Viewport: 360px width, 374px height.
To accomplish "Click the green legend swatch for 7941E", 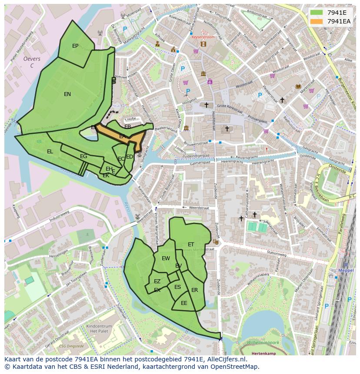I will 317,13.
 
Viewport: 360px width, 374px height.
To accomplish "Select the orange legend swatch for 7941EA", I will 317,21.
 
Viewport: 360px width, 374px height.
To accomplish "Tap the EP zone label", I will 75,46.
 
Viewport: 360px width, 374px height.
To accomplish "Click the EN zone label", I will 67,94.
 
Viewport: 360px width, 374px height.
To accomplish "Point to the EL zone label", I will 50,152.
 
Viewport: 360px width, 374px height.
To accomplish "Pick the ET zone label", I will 191,245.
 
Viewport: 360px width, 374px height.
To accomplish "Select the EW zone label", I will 166,258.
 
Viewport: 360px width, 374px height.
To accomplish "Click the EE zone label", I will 184,303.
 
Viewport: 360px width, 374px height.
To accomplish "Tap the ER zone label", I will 194,290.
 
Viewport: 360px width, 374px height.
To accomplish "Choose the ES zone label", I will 177,287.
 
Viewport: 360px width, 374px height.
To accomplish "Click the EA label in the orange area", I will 123,136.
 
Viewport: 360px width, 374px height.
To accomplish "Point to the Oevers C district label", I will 32,62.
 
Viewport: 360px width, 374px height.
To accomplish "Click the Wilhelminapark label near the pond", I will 263,343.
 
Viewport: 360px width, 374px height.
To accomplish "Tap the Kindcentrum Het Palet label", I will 99,328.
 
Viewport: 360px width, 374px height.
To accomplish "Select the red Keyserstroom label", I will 203,37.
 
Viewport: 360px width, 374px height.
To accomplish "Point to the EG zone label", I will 83,156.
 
